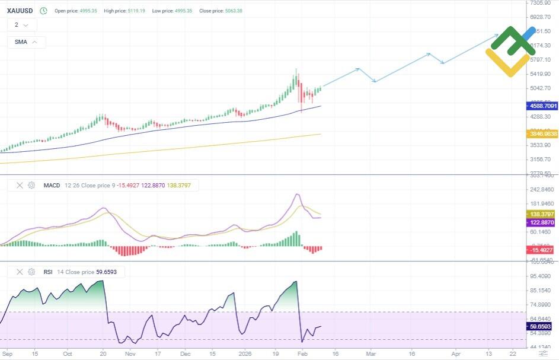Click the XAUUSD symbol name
tap(20, 11)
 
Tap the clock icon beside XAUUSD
tap(43, 11)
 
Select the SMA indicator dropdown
tap(26, 42)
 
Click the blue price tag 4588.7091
tap(542, 106)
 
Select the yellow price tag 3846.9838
tap(542, 134)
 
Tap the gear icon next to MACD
tap(31, 186)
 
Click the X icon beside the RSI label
tap(20, 272)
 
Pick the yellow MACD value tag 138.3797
tap(542, 214)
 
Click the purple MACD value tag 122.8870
tap(542, 222)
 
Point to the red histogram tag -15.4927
tap(542, 250)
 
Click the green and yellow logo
tap(510, 51)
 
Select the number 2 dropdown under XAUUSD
tap(22, 25)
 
